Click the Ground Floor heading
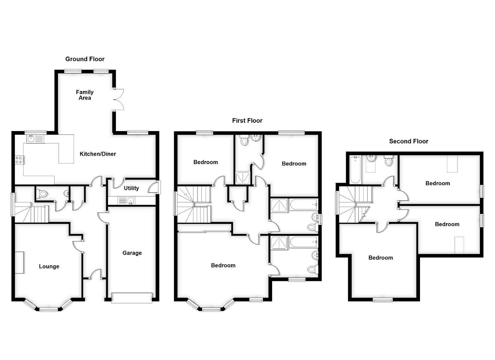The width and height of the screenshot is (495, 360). click(x=85, y=59)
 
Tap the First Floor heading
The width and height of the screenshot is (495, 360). click(x=247, y=121)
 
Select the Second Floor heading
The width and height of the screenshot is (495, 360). click(x=408, y=141)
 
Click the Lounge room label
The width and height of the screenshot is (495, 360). click(x=49, y=266)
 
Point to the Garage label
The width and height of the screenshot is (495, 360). click(x=132, y=253)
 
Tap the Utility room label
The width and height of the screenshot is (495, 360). click(x=131, y=188)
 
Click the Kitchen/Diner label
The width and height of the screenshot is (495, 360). click(x=98, y=154)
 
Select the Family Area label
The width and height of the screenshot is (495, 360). click(x=85, y=95)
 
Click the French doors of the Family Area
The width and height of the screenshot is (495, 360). click(x=119, y=99)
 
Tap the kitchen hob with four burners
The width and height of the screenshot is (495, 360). click(x=19, y=160)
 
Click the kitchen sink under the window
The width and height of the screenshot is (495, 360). click(x=35, y=138)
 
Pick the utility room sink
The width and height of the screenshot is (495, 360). click(x=127, y=201)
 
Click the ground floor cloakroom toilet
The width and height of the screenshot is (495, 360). click(x=42, y=193)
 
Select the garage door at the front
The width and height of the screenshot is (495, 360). click(x=132, y=298)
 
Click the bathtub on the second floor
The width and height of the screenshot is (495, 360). click(x=355, y=170)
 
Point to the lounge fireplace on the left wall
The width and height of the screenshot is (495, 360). click(x=19, y=263)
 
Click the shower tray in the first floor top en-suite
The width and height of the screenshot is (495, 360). click(x=243, y=178)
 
